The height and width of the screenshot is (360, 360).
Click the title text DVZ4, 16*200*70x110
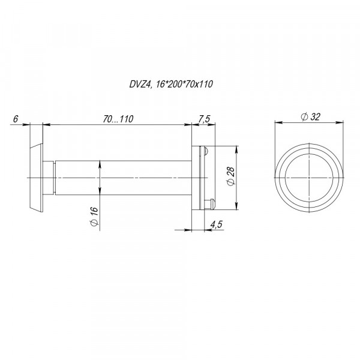(x=171, y=84)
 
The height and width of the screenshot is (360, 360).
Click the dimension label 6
(x=16, y=119)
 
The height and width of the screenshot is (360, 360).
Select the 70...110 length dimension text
(x=118, y=119)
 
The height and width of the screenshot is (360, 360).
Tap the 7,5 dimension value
(x=204, y=119)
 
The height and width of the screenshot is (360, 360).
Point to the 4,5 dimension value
(x=217, y=224)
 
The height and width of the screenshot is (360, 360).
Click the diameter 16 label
(x=94, y=217)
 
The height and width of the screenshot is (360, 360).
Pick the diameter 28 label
(x=231, y=176)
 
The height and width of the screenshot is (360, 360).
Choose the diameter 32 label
(x=310, y=117)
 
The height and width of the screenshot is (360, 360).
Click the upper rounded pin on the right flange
(x=205, y=151)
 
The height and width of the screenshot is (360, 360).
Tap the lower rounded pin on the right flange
(x=209, y=203)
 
